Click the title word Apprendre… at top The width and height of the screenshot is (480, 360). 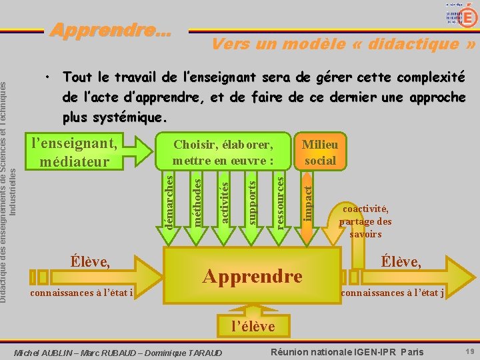111,30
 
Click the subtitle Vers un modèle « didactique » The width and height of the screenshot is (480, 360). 343,44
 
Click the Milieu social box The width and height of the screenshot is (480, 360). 320,152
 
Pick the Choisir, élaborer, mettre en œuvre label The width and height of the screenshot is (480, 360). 223,153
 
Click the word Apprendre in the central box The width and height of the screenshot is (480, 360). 252,275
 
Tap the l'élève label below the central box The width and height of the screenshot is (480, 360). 253,326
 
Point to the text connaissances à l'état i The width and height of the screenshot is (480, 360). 82,293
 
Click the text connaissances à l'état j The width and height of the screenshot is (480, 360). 393,293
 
